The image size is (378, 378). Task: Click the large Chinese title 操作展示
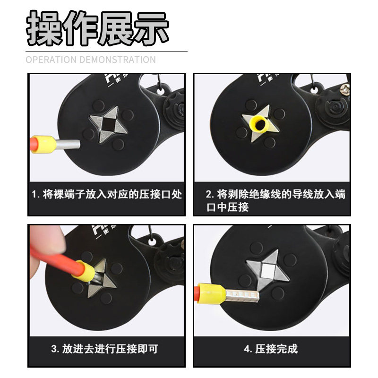97,28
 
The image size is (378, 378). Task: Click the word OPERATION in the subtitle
51,60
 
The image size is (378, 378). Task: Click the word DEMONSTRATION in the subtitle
118,60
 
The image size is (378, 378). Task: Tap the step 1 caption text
107,194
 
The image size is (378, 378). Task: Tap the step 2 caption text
275,200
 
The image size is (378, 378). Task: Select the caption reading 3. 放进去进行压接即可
104,349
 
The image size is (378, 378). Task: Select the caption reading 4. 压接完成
271,349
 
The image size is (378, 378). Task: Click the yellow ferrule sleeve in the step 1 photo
45,145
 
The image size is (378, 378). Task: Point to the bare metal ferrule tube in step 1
68,144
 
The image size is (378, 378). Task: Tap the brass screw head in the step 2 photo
345,89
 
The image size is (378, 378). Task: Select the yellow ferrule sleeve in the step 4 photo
212,293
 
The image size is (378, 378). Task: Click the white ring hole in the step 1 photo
160,91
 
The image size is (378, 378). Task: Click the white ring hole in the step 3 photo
152,242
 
